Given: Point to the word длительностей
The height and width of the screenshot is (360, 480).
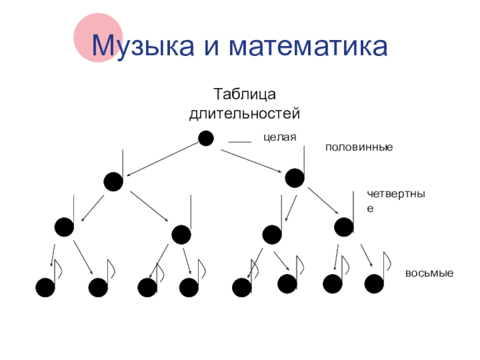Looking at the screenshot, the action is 244,112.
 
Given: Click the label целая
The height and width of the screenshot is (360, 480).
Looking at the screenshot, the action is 280,137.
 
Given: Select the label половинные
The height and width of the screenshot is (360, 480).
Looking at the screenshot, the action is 359,146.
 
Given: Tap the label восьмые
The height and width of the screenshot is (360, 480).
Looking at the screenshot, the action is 429,273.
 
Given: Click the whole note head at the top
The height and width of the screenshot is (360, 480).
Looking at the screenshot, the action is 206,139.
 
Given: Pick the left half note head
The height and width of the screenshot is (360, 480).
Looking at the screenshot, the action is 113,181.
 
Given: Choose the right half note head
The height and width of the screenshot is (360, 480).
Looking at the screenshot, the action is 295,178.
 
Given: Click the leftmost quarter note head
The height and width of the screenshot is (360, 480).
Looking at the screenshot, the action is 64,227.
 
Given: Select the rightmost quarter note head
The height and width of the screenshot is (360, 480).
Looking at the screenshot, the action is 343,227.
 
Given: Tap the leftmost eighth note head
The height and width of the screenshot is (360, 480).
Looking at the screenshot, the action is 45,288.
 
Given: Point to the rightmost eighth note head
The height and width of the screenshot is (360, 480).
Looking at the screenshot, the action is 374,284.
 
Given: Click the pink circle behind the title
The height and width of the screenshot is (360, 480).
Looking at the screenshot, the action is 98,37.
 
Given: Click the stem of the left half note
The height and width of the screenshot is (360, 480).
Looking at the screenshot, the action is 123,162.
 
